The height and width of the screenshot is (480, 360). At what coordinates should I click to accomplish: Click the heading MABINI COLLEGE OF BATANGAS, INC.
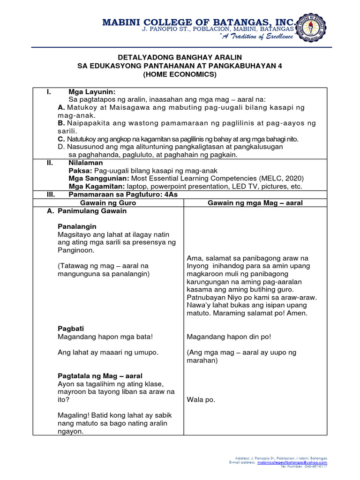point(199,22)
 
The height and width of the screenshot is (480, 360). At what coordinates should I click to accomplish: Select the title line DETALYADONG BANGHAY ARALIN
point(180,57)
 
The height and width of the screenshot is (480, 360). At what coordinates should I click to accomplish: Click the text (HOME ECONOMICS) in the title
point(180,74)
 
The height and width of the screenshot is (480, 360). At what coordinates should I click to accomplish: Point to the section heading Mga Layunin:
point(92,91)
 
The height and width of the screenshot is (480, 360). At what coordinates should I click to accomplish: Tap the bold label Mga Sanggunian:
point(98,178)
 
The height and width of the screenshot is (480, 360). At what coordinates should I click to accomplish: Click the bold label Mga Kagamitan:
point(97,186)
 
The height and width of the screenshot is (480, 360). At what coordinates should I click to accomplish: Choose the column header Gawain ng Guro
point(108,202)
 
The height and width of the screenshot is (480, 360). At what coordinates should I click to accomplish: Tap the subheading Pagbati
point(71,329)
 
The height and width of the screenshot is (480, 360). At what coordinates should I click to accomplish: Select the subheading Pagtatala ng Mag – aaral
point(100,376)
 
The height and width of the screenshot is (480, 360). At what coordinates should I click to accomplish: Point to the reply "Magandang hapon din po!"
point(229,337)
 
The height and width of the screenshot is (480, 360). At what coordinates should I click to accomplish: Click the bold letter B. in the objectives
point(61,123)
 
